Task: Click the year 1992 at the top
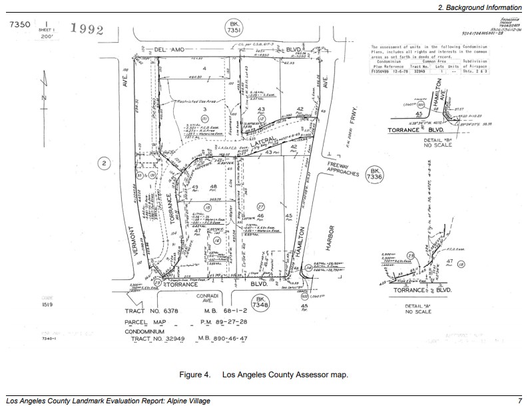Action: (x=87, y=29)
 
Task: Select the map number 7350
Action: (x=21, y=25)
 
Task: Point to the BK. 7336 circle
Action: (x=373, y=175)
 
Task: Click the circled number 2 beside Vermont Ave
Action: (x=103, y=162)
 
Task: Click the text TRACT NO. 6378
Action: (x=155, y=311)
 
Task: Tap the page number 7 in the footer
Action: (x=519, y=401)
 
